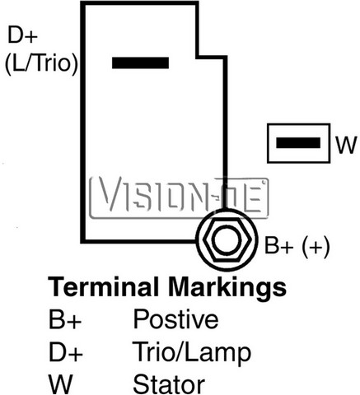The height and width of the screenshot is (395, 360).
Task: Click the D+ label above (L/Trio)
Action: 22,35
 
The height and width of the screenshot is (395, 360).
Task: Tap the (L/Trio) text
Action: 42,63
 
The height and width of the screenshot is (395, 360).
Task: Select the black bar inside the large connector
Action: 140,63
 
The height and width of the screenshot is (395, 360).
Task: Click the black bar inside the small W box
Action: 298,143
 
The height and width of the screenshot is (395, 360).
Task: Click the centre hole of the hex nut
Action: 227,240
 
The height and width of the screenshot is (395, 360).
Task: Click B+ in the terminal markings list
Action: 65,319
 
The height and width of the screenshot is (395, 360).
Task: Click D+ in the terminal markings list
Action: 66,351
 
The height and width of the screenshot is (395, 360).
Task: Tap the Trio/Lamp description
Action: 192,353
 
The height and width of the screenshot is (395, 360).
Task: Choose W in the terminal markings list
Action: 60,384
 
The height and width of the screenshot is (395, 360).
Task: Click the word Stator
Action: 169,384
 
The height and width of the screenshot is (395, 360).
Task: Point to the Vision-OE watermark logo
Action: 179,197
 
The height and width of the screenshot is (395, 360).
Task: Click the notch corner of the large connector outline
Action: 199,57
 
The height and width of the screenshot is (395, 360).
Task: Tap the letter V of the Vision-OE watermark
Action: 110,195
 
